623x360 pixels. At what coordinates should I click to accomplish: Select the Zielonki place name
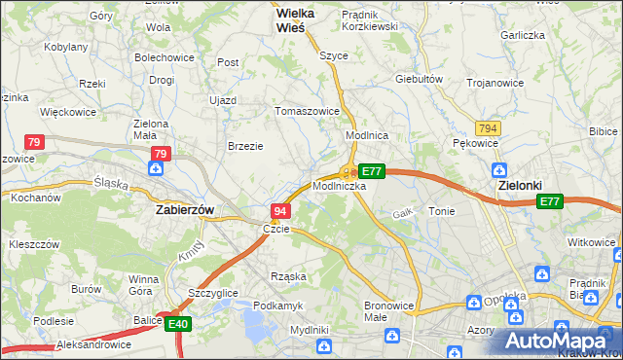[519, 184]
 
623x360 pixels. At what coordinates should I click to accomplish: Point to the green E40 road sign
[177, 324]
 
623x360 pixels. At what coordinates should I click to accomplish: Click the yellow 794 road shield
[489, 128]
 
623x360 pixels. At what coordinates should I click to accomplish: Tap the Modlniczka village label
[339, 185]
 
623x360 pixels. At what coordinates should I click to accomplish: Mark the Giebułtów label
[420, 79]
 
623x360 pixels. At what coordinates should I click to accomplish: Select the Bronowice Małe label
[389, 311]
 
